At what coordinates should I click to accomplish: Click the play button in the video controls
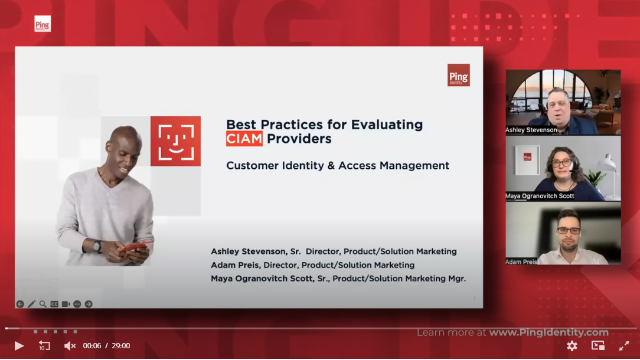click(18, 346)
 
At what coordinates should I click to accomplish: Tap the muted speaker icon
click(70, 346)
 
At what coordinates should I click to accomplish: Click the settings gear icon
click(572, 346)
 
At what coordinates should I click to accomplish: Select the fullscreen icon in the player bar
click(623, 346)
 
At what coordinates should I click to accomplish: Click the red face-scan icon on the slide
click(175, 140)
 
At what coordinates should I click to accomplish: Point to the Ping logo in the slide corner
click(458, 76)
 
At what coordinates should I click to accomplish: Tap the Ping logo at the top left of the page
click(42, 25)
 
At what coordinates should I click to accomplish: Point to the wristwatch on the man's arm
click(97, 245)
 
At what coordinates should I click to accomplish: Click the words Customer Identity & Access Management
click(337, 165)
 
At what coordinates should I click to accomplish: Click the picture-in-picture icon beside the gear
click(598, 346)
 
